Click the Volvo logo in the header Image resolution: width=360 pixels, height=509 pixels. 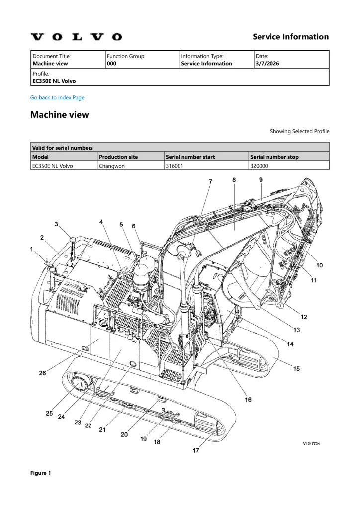[x=76, y=37]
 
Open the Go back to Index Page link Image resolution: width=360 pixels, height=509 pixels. [x=57, y=97]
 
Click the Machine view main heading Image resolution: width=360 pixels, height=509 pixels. [x=60, y=115]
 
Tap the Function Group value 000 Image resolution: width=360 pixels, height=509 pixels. [x=112, y=64]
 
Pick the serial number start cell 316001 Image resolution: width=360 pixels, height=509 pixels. [x=175, y=166]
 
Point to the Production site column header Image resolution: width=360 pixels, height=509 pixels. [x=118, y=157]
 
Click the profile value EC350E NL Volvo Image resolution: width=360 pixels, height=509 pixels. [x=54, y=81]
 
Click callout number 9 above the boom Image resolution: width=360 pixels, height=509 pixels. [x=261, y=180]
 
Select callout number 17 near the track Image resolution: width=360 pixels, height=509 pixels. [x=196, y=450]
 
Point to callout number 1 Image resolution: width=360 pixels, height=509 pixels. [x=32, y=249]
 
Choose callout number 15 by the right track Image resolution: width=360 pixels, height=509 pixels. [x=296, y=368]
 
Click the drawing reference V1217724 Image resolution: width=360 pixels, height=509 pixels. [x=311, y=444]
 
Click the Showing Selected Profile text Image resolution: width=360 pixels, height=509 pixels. [x=299, y=131]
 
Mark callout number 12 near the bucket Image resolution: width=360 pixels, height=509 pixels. [x=303, y=317]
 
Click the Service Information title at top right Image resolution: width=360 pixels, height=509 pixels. [x=290, y=37]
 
